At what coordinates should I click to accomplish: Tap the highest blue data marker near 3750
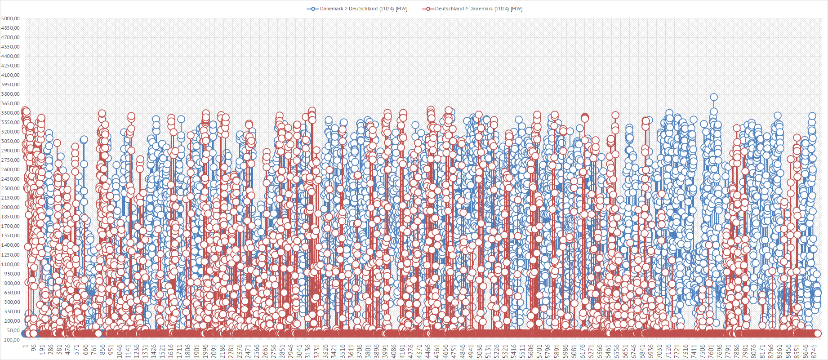[x=713, y=97]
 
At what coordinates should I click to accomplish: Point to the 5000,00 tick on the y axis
[x=10, y=18]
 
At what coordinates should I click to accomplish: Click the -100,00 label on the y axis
[x=10, y=340]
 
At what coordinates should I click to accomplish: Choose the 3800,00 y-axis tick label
[x=10, y=94]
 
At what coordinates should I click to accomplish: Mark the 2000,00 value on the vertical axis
[x=10, y=208]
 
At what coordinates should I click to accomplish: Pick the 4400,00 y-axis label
[x=10, y=56]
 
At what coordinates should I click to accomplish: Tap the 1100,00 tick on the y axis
[x=10, y=264]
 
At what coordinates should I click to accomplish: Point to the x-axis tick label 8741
[x=814, y=351]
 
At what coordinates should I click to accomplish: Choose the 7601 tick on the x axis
[x=711, y=351]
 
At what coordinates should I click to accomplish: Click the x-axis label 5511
[x=522, y=351]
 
